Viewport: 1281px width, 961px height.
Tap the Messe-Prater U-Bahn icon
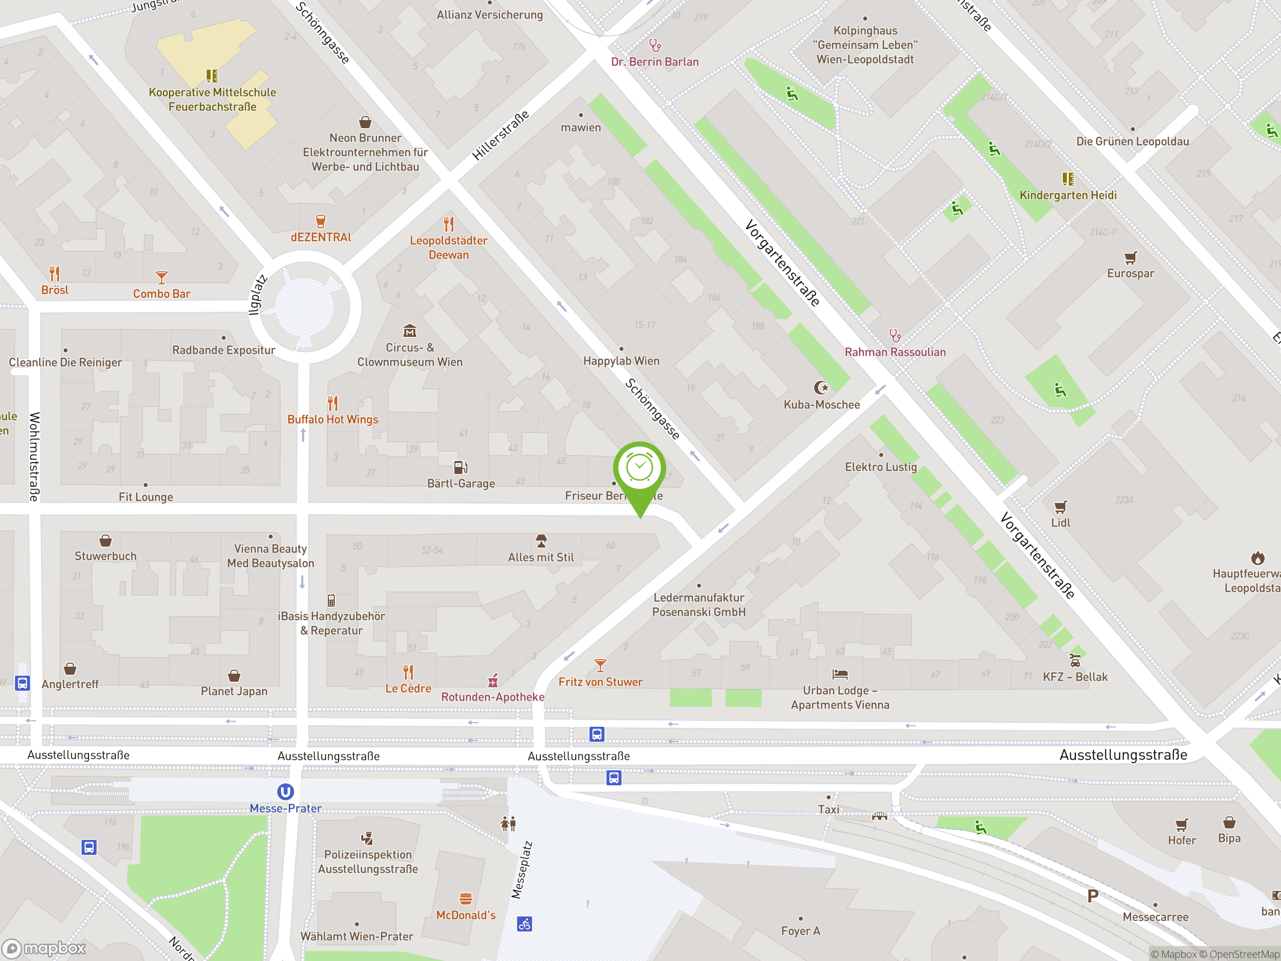point(286,791)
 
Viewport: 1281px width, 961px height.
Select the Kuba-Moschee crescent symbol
point(821,387)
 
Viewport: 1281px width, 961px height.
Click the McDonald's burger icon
point(465,898)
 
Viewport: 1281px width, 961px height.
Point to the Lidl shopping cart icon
point(1060,507)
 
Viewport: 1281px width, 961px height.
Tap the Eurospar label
point(1130,273)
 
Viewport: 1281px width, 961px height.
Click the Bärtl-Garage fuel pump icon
point(460,467)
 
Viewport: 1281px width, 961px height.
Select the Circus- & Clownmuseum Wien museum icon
point(409,331)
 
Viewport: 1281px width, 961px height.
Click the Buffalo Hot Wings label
point(332,419)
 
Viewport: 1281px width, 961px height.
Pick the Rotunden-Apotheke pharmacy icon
point(493,680)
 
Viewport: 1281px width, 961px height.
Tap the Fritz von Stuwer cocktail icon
point(600,665)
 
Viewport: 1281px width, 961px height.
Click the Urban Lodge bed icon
point(840,674)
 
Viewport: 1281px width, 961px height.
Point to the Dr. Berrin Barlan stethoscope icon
point(655,45)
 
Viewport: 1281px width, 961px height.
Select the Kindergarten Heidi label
point(1068,195)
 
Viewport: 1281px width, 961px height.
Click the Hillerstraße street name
point(500,136)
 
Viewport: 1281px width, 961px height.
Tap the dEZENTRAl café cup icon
point(320,221)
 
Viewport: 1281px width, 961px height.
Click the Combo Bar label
point(162,294)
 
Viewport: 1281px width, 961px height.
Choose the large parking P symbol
point(1093,896)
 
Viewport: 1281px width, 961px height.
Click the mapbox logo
point(44,948)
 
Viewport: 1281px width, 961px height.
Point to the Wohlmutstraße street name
point(34,456)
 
